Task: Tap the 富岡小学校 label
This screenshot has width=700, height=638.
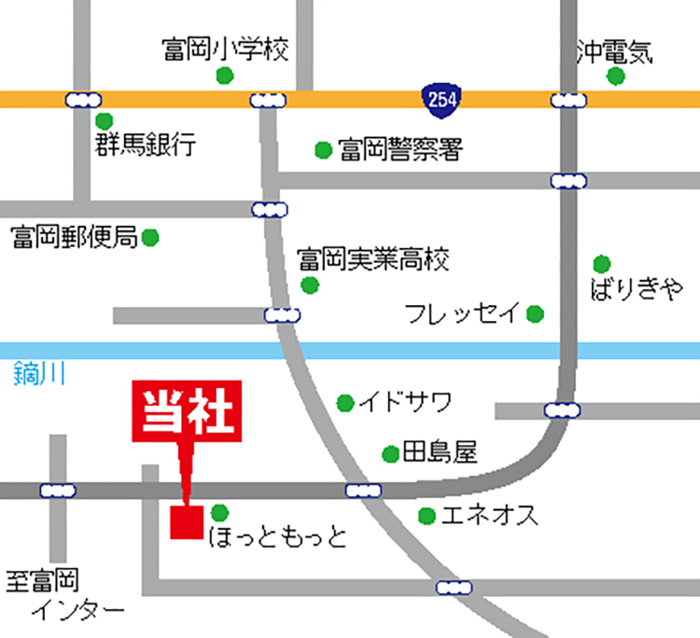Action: (x=225, y=48)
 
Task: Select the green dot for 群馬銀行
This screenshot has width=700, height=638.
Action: (x=104, y=120)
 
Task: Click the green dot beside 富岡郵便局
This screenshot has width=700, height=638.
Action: (x=150, y=238)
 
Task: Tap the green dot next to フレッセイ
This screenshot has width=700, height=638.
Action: (x=535, y=313)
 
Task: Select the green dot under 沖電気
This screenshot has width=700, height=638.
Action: (x=614, y=76)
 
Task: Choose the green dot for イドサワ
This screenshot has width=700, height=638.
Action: (x=345, y=403)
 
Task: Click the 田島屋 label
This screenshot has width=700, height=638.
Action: (x=439, y=454)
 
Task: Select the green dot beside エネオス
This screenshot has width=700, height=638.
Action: (x=427, y=515)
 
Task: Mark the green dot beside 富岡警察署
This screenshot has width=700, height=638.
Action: (x=323, y=149)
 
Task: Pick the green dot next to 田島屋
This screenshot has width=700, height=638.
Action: (x=389, y=454)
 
